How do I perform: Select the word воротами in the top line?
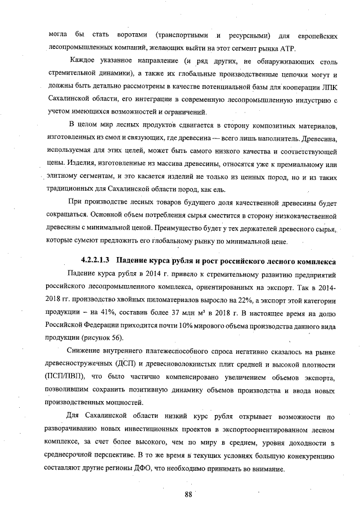click(132, 35)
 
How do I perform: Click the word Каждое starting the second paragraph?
click(82, 61)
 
